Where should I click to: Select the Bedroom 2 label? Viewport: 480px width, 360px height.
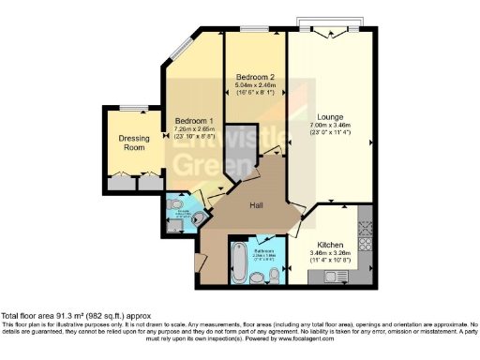[x=253, y=76]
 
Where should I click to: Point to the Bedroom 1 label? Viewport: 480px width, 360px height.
[x=194, y=121]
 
